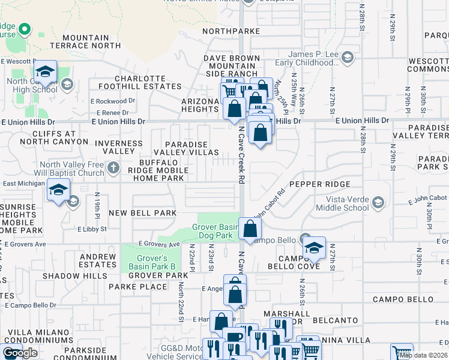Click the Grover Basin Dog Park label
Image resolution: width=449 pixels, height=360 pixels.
click(x=215, y=232)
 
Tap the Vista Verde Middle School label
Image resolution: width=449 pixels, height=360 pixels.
click(x=347, y=203)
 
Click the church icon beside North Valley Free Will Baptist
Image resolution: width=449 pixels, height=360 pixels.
click(x=114, y=169)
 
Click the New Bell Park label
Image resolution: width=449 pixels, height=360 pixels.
click(x=143, y=213)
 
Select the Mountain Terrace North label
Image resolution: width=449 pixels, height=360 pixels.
click(x=88, y=41)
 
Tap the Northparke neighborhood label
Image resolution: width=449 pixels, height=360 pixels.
click(x=231, y=31)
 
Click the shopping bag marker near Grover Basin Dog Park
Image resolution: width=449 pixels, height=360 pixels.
click(x=250, y=229)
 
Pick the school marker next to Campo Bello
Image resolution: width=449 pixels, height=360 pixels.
click(x=313, y=248)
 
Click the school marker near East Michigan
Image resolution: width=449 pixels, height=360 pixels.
click(x=58, y=190)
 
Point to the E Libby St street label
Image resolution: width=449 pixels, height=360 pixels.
click(x=92, y=229)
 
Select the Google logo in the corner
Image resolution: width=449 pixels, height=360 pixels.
click(x=19, y=353)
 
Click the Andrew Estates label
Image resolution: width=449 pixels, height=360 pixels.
click(x=97, y=260)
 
